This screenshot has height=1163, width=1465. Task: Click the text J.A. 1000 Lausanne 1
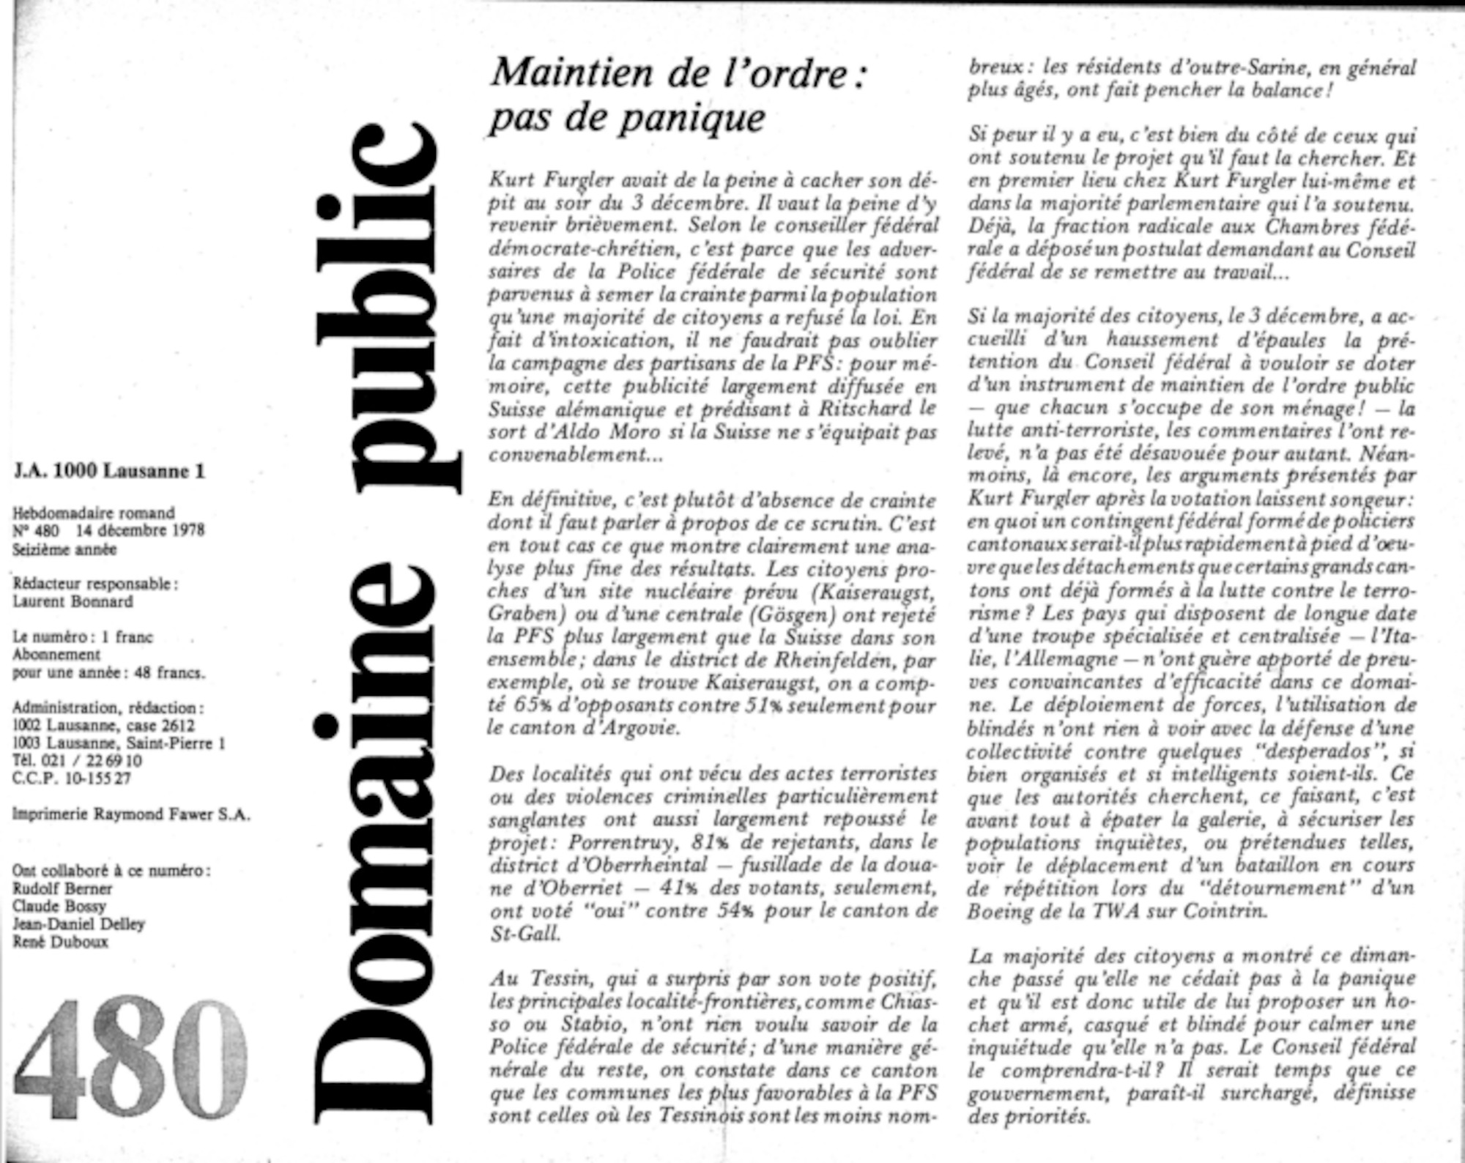tap(109, 471)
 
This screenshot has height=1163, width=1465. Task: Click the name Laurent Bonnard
tap(73, 601)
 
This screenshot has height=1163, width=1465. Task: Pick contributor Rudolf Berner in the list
tap(62, 888)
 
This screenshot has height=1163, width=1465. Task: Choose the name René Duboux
tap(60, 942)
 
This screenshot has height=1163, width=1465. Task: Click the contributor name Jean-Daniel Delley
tap(78, 924)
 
